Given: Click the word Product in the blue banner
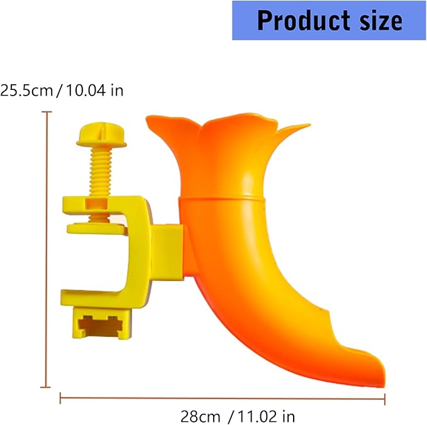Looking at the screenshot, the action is tap(304, 20).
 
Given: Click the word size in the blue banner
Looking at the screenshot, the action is tap(381, 20).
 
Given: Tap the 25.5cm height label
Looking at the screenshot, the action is tap(26, 91).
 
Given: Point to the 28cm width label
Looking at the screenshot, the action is tap(201, 417).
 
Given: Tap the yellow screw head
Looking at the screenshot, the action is tap(101, 135).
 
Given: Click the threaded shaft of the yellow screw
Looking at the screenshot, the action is tap(100, 172).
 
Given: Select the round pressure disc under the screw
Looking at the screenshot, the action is tap(97, 228).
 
